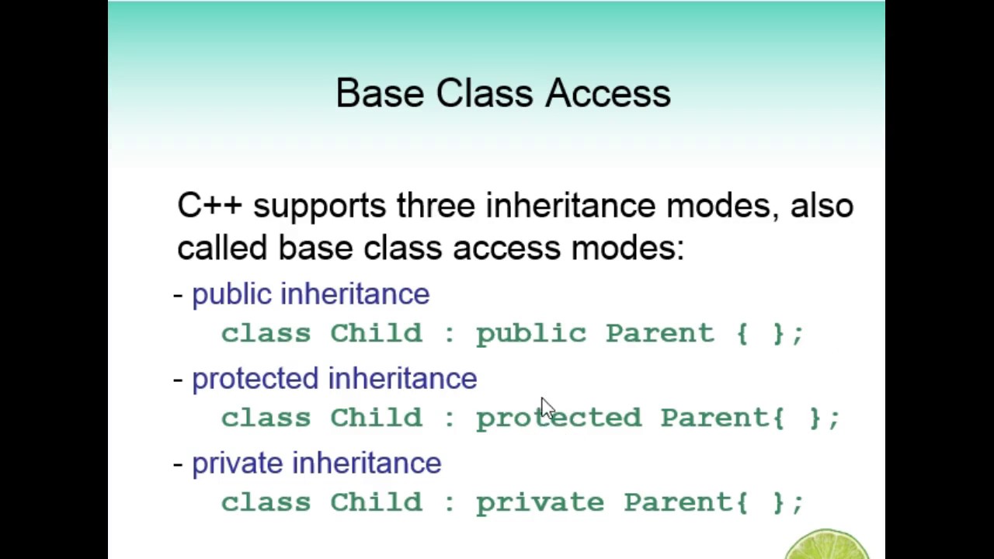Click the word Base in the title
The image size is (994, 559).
click(381, 93)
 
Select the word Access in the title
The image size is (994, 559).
click(607, 93)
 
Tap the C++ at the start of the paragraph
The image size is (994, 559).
click(210, 206)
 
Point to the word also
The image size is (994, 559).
click(822, 206)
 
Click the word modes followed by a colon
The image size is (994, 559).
click(627, 248)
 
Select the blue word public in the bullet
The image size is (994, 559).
click(231, 294)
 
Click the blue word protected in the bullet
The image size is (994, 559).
click(255, 379)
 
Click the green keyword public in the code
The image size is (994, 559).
click(531, 334)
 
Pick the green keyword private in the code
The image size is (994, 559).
click(540, 503)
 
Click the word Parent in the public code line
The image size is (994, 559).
click(659, 334)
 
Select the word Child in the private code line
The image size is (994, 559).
click(376, 503)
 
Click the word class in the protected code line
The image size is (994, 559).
click(266, 418)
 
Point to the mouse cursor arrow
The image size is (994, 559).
click(546, 407)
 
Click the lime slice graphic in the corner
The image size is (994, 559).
click(828, 544)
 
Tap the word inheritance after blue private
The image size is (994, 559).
click(367, 464)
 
